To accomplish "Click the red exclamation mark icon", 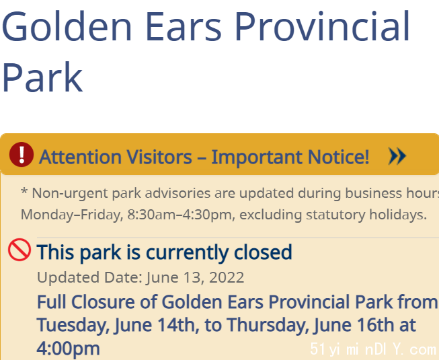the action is (22, 154).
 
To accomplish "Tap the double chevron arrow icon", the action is (397, 156).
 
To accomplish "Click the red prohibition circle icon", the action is (19, 250).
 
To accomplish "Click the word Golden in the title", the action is (67, 26).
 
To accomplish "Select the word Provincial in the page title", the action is (323, 26).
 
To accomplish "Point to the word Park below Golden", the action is (42, 77).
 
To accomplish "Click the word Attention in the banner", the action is (80, 157).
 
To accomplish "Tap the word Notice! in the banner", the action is (338, 157).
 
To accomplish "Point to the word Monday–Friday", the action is (72, 215).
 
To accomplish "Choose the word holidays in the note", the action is (398, 215).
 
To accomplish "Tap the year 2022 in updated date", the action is (227, 278).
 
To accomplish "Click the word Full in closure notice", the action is (52, 302).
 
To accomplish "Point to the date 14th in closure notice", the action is (177, 325).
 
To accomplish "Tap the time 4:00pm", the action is (68, 349).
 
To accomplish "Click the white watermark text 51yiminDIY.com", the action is (373, 349).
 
